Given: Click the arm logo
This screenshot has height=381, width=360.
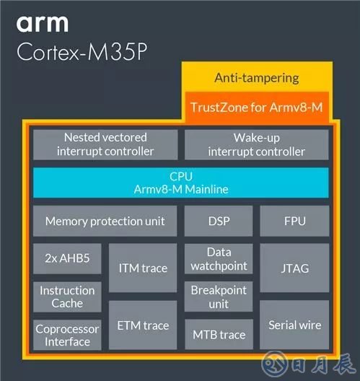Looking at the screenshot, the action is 43,24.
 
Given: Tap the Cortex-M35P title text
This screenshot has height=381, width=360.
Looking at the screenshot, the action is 82,51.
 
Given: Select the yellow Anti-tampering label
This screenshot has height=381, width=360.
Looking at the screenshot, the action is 257,78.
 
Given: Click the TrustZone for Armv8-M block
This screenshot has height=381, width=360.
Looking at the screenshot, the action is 257,108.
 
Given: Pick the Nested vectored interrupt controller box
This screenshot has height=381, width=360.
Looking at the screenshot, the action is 105,144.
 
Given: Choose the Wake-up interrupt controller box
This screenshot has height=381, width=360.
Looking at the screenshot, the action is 257,144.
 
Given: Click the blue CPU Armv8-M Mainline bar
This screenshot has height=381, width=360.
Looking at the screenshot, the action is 181,183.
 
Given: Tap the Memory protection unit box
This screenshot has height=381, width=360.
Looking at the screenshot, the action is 105,221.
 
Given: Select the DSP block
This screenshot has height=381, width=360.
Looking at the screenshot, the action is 219,221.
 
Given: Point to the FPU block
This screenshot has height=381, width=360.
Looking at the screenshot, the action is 294,221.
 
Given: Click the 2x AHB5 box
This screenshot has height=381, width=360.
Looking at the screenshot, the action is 67,258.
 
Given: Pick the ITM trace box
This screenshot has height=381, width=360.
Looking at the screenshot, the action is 143,268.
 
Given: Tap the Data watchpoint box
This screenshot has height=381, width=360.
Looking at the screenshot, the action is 219,258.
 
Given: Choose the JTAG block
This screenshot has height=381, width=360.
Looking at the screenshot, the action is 294,268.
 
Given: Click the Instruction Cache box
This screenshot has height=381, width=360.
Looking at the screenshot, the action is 67,297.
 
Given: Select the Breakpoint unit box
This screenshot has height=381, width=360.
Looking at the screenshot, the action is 219,297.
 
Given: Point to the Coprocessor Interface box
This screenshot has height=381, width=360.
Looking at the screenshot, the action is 67,335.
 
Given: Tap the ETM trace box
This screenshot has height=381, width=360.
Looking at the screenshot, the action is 143,325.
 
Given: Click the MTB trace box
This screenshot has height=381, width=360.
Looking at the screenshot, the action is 219,334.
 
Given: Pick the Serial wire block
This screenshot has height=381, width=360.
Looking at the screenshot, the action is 294,325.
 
